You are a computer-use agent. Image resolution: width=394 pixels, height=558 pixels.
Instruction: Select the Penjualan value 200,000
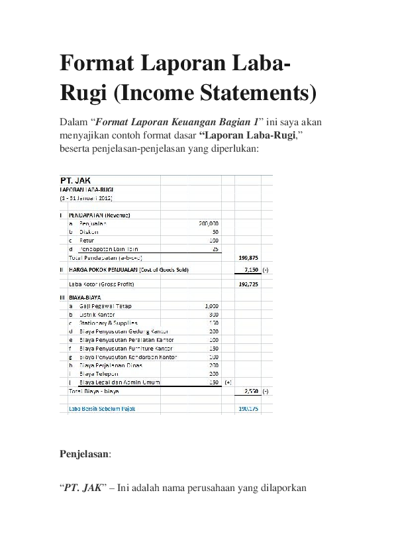tap(209, 223)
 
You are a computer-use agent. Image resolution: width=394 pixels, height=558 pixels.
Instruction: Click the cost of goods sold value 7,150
tap(250, 270)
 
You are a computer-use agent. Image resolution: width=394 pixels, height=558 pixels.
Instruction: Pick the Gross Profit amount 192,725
tap(246, 284)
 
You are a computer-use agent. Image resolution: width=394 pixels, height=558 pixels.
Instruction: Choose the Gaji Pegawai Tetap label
tap(103, 306)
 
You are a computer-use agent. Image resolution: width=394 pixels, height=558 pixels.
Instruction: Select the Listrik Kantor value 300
tap(214, 314)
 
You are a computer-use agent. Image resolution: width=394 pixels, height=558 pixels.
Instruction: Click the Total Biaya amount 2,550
tap(250, 392)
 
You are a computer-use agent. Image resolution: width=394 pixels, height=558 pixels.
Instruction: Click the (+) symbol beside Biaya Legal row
tap(228, 382)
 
